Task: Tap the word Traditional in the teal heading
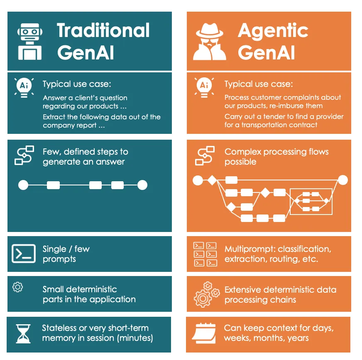[103, 31]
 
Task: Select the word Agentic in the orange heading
[273, 31]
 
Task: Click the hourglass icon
[24, 334]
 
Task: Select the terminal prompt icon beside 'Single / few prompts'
[24, 253]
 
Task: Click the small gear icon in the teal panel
[18, 287]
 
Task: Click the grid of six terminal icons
[205, 254]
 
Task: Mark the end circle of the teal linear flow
[142, 185]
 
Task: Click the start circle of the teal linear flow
[23, 185]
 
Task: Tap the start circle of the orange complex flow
[198, 180]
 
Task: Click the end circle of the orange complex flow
[342, 180]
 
